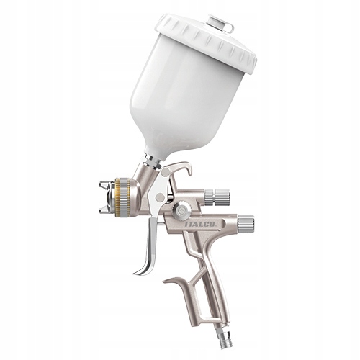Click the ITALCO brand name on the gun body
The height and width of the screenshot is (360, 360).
tap(200, 224)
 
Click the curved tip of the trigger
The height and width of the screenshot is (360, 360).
tap(138, 272)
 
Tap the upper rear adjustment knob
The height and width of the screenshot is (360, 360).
tap(217, 196)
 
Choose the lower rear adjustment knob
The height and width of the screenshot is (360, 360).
tap(246, 222)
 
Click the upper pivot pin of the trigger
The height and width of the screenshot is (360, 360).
tap(166, 172)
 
